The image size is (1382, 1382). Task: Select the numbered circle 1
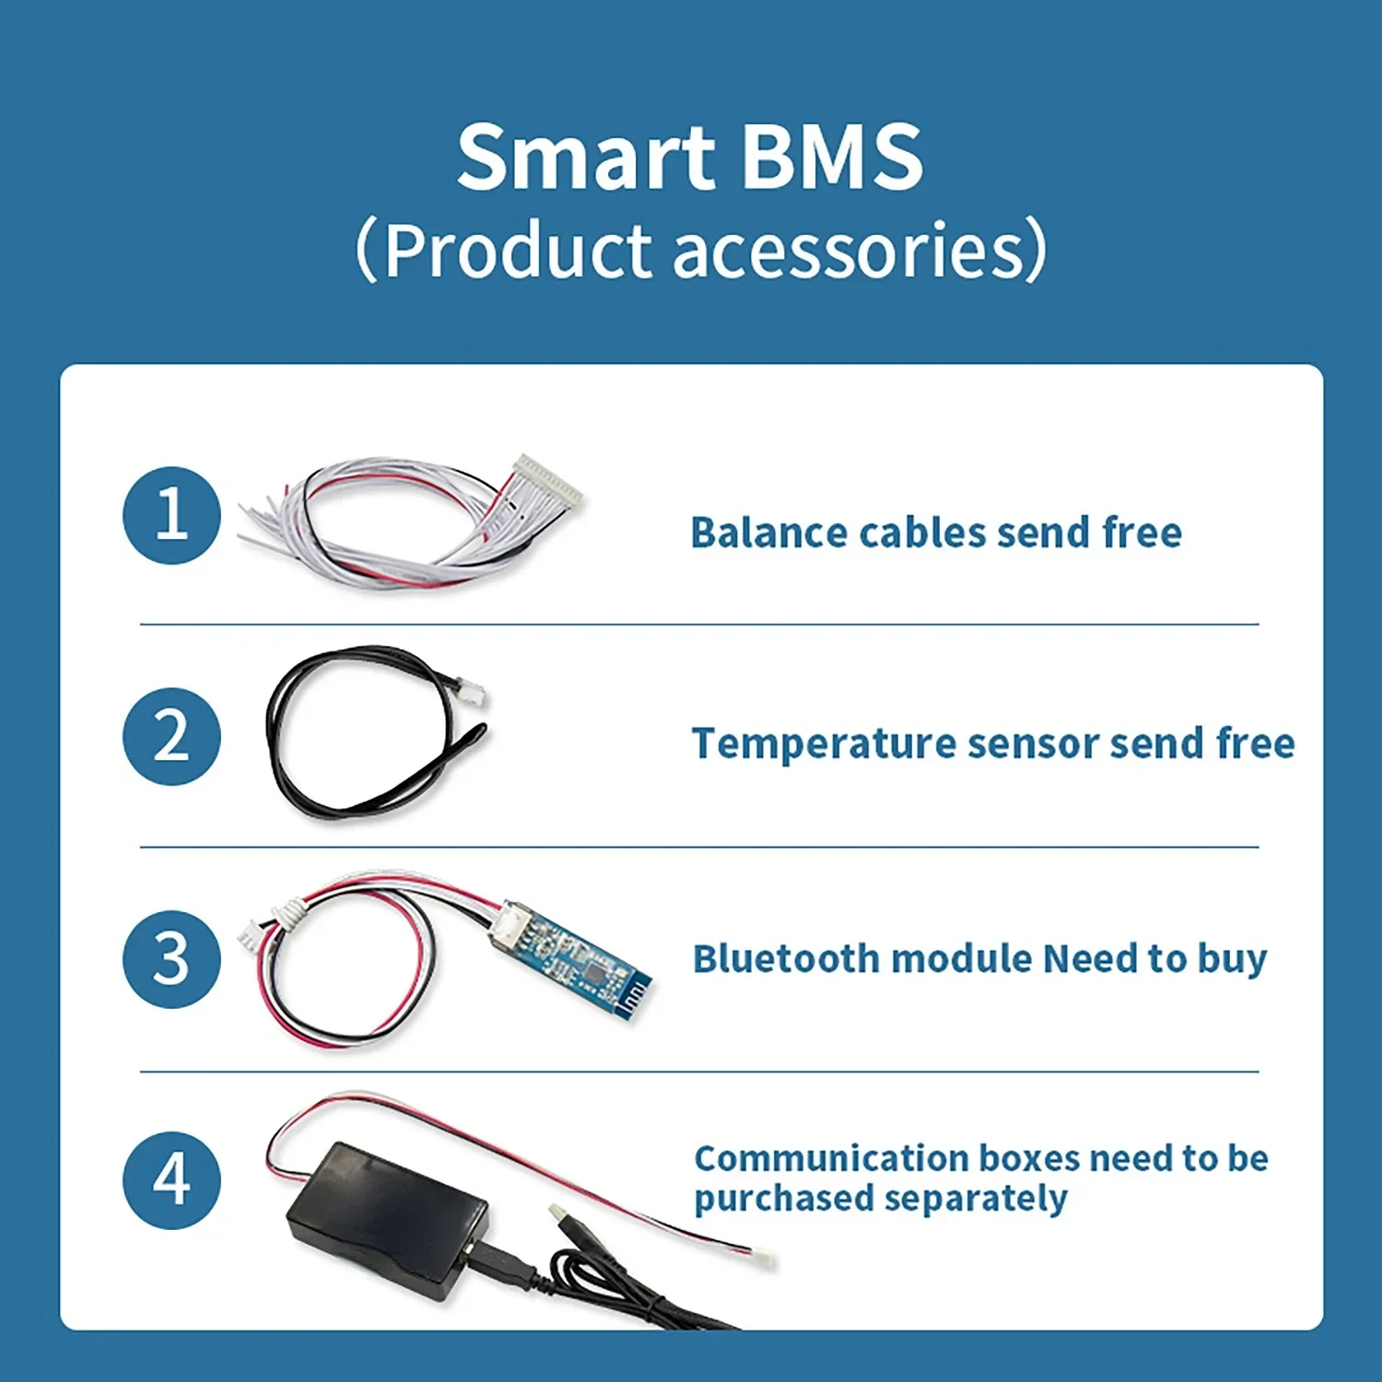(x=171, y=515)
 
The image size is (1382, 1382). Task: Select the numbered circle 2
(x=171, y=737)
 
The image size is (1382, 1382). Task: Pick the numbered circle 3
(x=171, y=959)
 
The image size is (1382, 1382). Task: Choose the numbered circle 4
(x=171, y=1180)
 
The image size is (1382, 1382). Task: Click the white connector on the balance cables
(x=547, y=479)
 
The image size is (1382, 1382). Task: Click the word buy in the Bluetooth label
(x=1232, y=959)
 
